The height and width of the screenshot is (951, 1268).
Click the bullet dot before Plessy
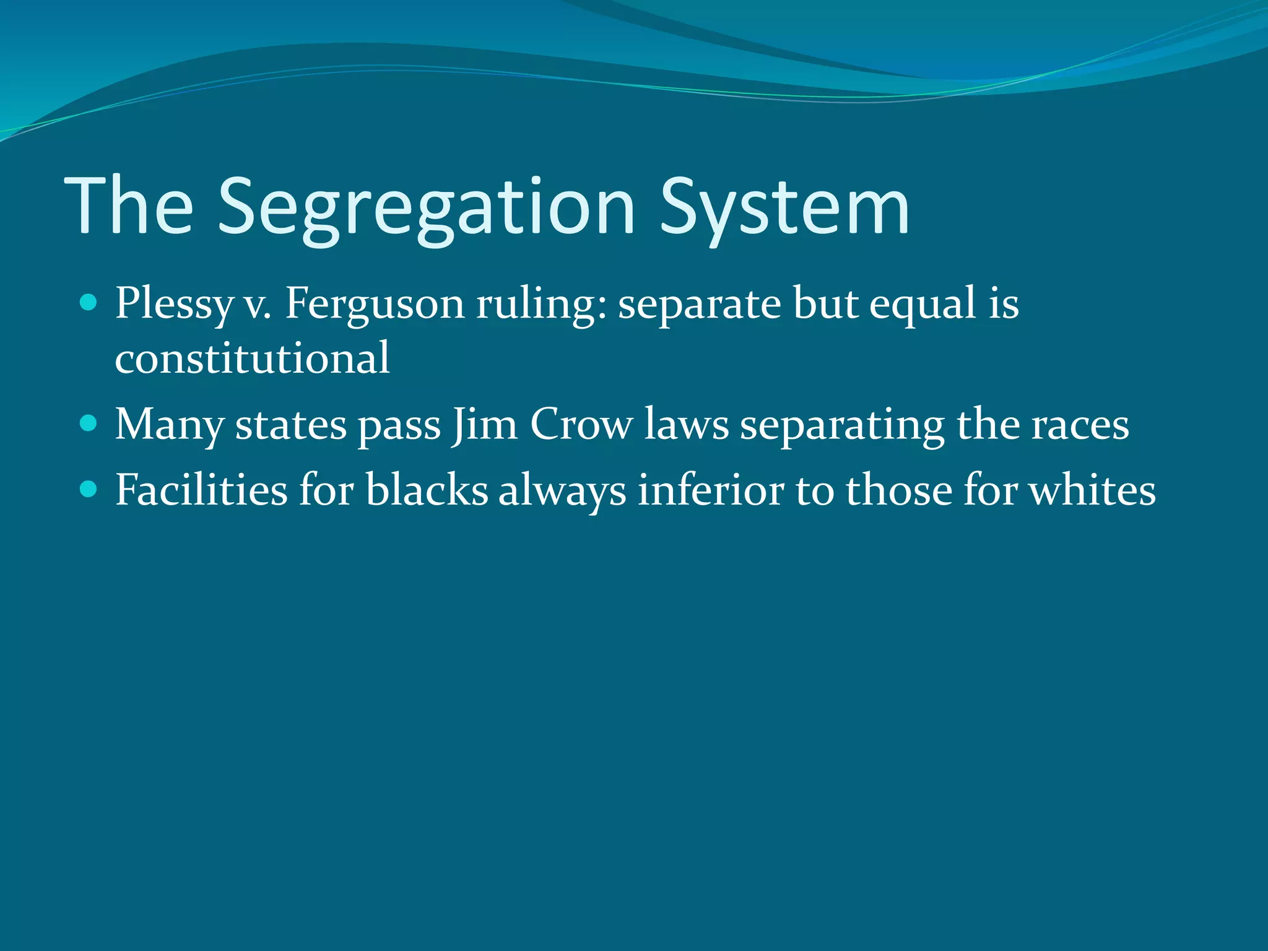point(89,303)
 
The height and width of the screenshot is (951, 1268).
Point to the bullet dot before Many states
point(89,423)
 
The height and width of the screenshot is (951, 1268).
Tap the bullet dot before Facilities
point(89,490)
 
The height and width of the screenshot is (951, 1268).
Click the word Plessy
point(173,305)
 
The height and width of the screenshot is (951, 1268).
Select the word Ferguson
point(374,305)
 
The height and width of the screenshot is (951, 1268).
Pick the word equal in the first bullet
point(923,305)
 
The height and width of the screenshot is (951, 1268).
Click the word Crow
point(581,425)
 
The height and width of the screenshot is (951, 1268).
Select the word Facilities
point(202,490)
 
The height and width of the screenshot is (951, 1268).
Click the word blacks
point(427,490)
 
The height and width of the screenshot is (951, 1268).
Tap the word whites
point(1092,490)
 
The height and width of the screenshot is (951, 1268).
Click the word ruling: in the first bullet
point(541,305)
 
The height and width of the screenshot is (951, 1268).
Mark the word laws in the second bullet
point(686,425)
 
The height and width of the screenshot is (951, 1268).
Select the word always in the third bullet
point(562,491)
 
